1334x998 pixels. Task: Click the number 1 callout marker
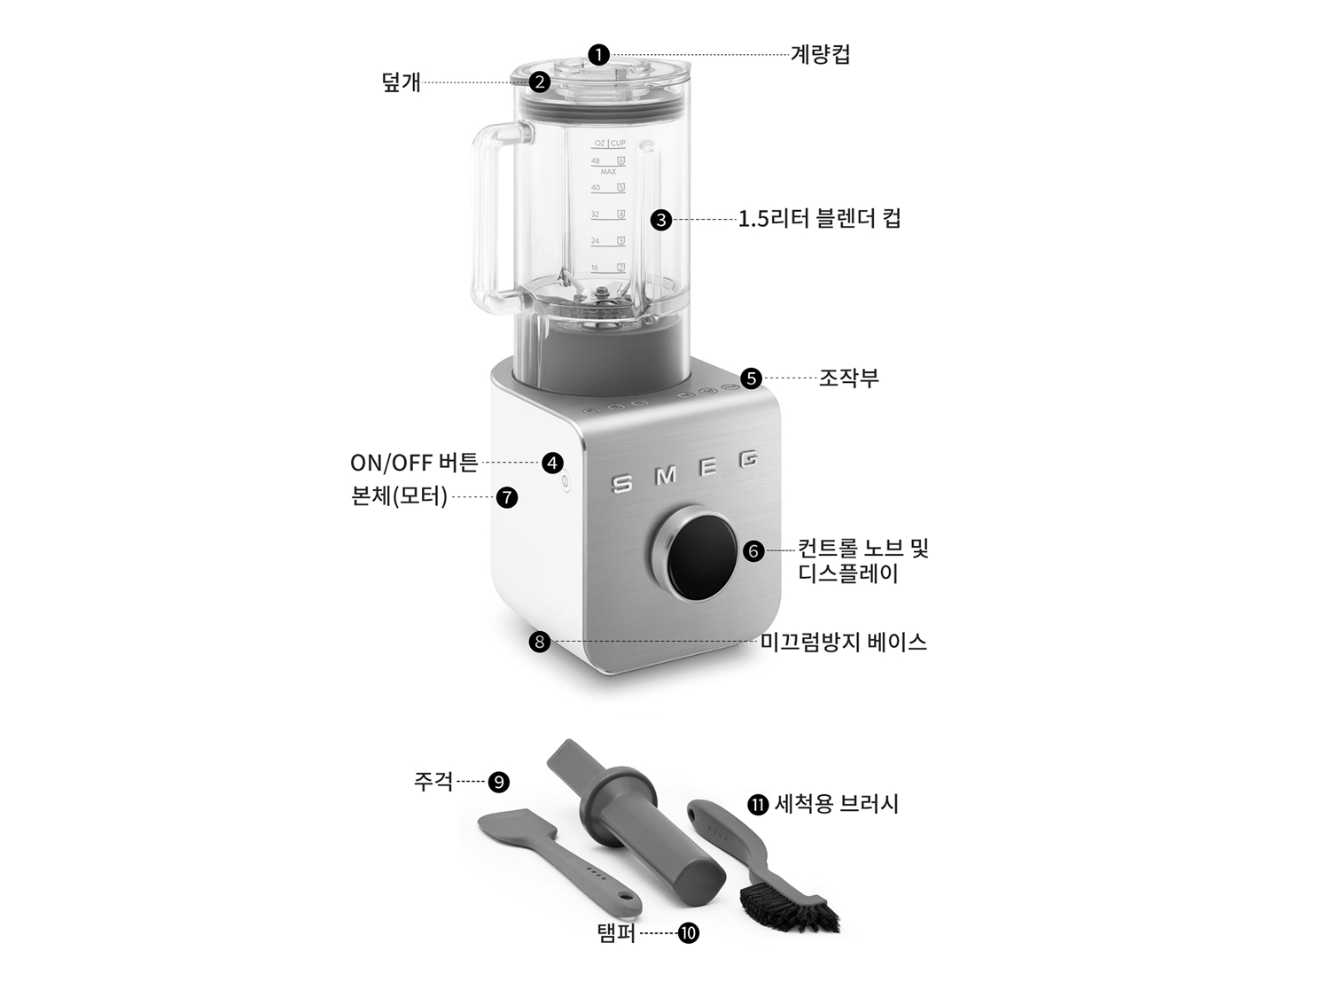(x=600, y=55)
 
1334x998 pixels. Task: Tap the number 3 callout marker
(x=661, y=220)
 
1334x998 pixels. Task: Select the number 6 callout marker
(x=753, y=551)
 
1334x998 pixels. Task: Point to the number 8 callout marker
(x=540, y=641)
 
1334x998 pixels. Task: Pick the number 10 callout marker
(x=688, y=932)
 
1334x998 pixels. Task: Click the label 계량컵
(x=820, y=55)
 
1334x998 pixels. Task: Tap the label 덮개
(x=401, y=83)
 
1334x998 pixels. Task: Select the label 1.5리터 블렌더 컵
(x=819, y=219)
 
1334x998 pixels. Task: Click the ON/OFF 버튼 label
(x=414, y=463)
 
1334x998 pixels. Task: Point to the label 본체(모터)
(x=400, y=496)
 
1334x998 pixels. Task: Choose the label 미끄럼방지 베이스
(x=843, y=642)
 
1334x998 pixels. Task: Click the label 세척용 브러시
(x=836, y=804)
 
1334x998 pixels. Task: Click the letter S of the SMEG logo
(x=623, y=484)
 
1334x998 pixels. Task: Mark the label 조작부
(x=848, y=378)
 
